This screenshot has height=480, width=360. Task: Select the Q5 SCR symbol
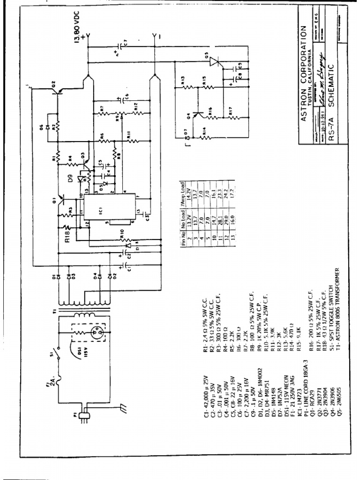pyautogui.click(x=214, y=61)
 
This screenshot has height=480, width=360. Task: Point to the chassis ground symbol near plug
pyautogui.click(x=124, y=408)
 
